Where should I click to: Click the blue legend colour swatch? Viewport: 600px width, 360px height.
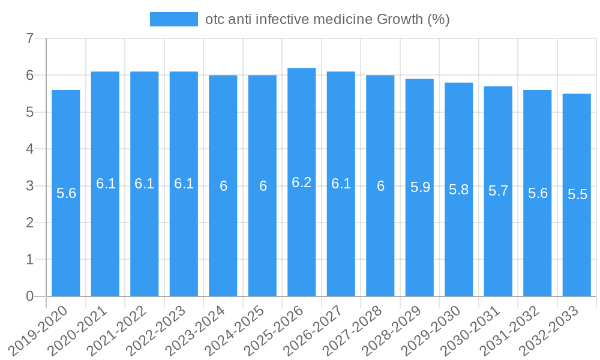point(173,19)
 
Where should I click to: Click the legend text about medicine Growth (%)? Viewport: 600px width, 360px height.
point(327,19)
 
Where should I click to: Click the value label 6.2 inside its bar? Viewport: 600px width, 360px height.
point(302,182)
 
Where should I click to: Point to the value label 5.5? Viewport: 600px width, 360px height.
point(577,194)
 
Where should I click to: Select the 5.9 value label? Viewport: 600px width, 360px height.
point(420,187)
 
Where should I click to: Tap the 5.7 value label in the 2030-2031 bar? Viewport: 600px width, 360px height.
point(499,191)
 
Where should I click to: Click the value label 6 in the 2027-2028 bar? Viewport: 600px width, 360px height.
point(380,186)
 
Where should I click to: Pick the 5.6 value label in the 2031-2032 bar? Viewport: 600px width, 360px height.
point(538,193)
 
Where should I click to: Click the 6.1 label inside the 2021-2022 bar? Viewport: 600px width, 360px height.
point(145,184)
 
